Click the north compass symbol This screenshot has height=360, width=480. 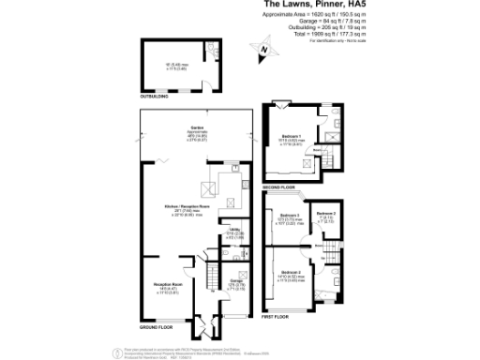tap(265, 50)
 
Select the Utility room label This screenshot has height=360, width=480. tap(236, 232)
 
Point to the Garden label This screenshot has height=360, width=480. tap(198, 127)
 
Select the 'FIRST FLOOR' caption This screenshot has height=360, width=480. tap(277, 318)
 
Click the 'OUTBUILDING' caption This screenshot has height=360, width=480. tap(154, 96)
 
